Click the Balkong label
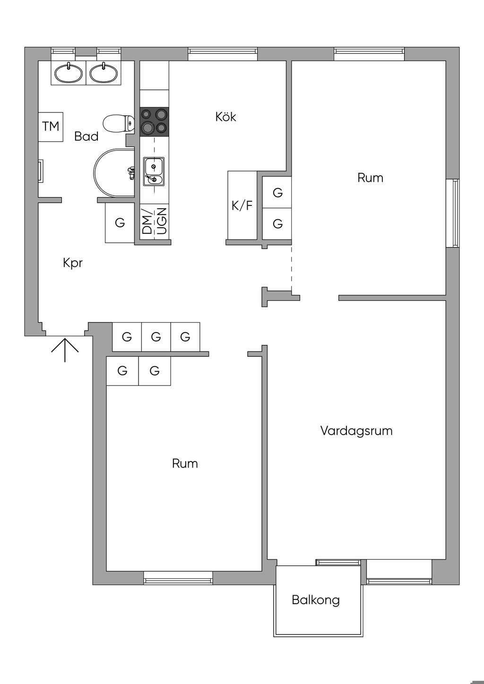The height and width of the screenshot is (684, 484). [316, 600]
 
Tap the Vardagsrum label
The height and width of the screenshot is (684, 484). [356, 431]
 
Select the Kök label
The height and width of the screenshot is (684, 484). [226, 117]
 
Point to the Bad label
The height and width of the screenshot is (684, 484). [86, 137]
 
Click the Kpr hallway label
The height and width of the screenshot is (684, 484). [73, 263]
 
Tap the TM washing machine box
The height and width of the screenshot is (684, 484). [51, 127]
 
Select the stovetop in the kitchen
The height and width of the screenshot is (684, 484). [154, 121]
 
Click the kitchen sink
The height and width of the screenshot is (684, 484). [154, 171]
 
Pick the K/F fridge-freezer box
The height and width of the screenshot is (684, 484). [242, 205]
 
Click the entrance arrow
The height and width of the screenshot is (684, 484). [65, 349]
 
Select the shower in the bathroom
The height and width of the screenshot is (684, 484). [115, 173]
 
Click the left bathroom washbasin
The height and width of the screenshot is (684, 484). [69, 73]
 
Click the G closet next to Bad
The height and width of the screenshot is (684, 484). [120, 222]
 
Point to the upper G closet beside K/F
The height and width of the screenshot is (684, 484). [277, 192]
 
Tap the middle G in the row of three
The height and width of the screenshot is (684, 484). [156, 337]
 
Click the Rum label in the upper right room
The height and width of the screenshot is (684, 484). [370, 178]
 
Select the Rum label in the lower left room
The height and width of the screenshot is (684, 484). [185, 463]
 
